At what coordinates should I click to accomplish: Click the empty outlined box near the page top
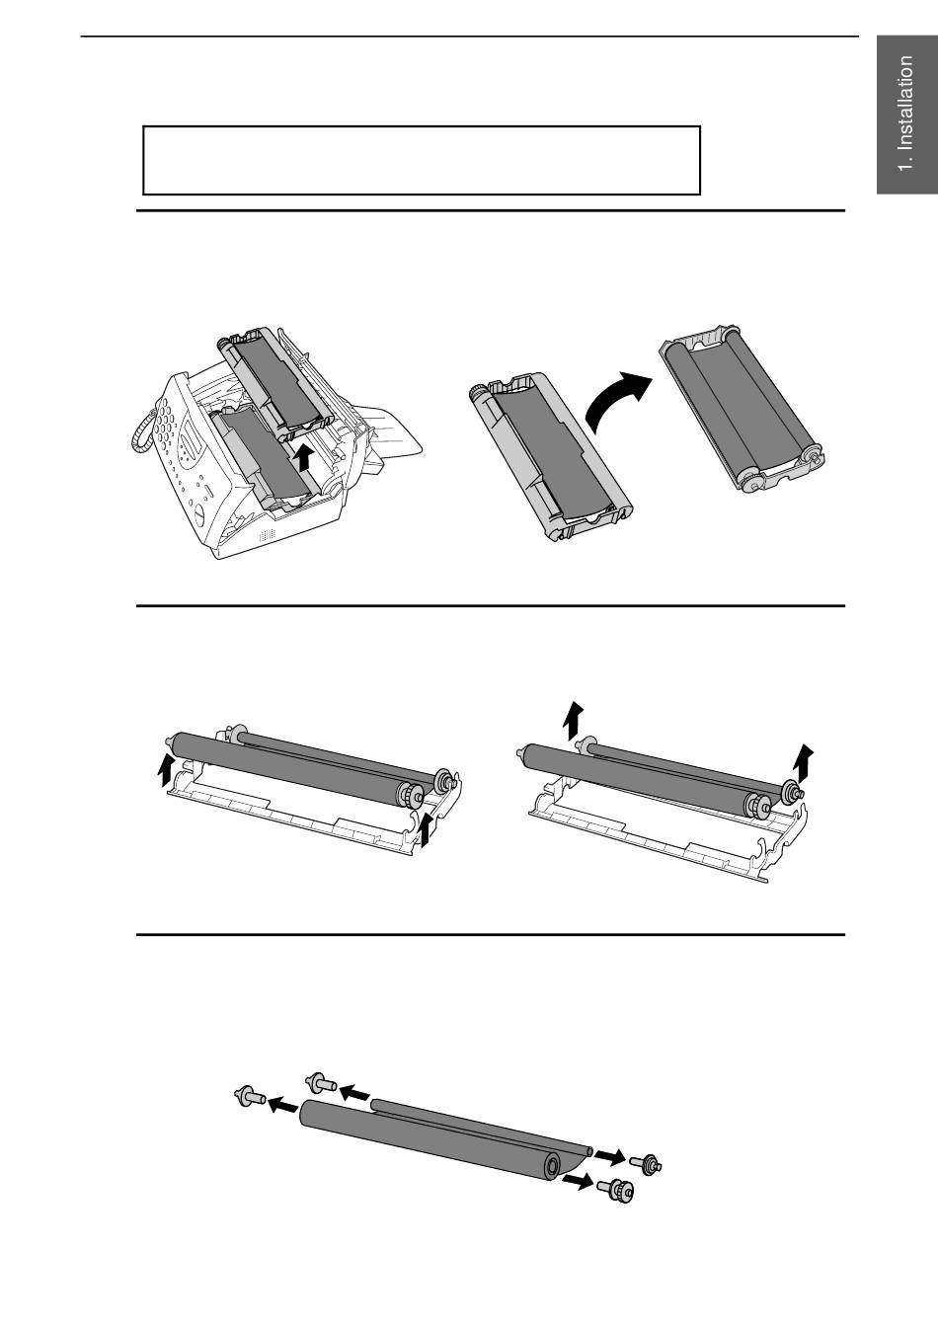(422, 160)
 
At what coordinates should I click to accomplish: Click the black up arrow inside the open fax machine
(303, 458)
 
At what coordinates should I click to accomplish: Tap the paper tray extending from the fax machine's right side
(394, 435)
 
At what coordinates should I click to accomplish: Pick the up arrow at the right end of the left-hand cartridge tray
(427, 830)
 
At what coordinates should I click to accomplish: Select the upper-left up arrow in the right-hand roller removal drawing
(574, 720)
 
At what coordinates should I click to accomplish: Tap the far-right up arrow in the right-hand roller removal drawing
(804, 762)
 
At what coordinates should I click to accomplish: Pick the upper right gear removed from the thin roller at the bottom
(646, 1163)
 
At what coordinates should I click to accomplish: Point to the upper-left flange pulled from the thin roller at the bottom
(321, 1081)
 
